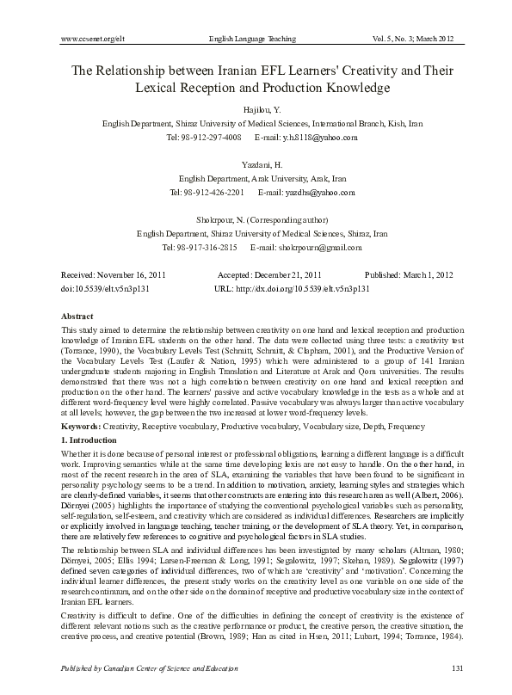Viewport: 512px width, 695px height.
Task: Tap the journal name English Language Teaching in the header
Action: (252, 40)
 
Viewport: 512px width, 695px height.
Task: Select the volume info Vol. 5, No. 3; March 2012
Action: (413, 40)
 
